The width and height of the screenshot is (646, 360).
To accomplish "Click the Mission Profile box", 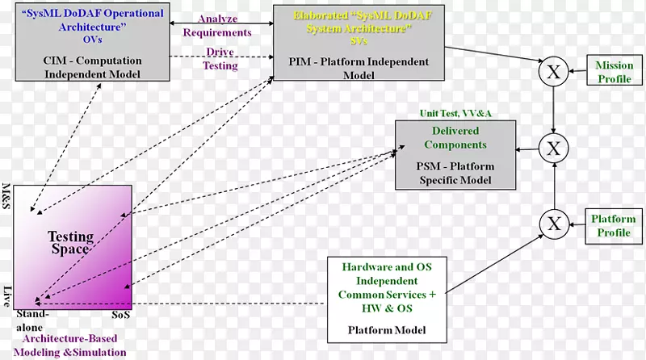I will coord(614,72).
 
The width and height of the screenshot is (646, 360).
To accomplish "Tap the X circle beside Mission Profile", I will coord(553,72).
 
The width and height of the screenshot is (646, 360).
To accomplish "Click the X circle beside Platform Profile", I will coord(553,224).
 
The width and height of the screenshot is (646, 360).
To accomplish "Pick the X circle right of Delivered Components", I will coord(553,147).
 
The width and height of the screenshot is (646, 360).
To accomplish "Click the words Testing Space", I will coord(71,242).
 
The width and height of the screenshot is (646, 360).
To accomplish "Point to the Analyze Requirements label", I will coord(217,27).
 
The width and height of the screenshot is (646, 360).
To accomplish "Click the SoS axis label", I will coord(121,313).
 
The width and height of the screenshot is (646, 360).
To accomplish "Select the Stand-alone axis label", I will coord(33,319).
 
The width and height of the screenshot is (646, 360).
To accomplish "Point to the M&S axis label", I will coord(7,198).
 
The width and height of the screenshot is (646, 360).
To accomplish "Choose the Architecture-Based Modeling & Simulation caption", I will coord(73,346).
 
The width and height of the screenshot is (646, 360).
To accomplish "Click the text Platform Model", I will coord(388,331).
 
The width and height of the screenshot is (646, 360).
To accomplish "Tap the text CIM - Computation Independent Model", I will coord(92,67).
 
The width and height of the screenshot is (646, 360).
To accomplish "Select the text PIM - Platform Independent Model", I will coord(358,67).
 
